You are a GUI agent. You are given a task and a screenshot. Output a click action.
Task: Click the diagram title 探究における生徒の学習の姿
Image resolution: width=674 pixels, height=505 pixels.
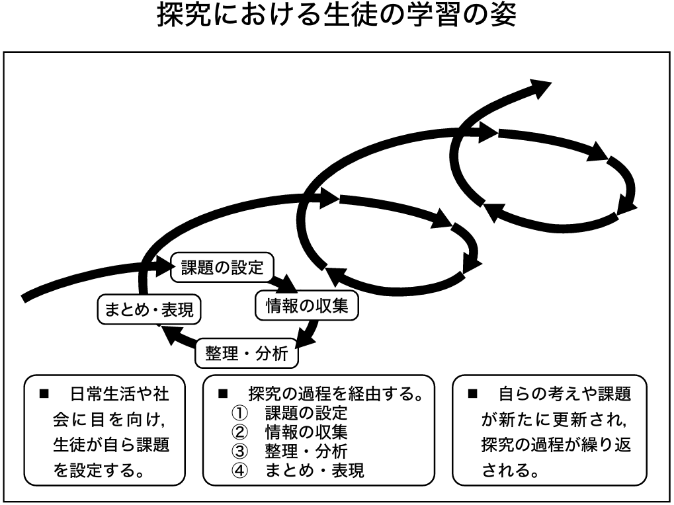pyautogui.click(x=337, y=15)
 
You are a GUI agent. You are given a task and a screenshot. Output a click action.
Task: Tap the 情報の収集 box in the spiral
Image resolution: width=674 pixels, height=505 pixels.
pyautogui.click(x=306, y=305)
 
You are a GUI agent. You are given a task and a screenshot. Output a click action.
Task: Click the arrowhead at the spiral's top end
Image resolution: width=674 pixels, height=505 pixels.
pyautogui.click(x=538, y=87)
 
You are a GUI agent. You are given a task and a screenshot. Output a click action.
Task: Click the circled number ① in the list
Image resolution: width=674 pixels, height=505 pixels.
pyautogui.click(x=239, y=414)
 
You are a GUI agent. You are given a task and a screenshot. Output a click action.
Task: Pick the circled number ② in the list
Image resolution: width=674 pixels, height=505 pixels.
pyautogui.click(x=239, y=433)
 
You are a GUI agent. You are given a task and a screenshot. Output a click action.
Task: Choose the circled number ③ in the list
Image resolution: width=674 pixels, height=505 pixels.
pyautogui.click(x=239, y=451)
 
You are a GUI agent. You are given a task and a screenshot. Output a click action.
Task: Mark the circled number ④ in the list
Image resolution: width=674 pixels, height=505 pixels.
pyautogui.click(x=239, y=471)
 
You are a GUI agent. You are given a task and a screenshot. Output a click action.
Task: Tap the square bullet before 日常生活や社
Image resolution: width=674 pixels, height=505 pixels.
pyautogui.click(x=46, y=395)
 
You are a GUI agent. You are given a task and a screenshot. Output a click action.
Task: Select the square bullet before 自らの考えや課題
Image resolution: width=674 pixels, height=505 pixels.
pyautogui.click(x=472, y=395)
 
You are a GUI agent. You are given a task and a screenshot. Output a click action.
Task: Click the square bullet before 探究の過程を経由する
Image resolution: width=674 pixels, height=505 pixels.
pyautogui.click(x=223, y=395)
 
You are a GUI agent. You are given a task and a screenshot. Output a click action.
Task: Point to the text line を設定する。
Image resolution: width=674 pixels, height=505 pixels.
pyautogui.click(x=99, y=471)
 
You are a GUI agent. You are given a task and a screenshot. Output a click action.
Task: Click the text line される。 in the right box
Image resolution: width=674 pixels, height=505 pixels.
pyautogui.click(x=509, y=471)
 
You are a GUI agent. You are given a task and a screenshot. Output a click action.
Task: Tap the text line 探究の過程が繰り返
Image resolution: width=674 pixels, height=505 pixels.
pyautogui.click(x=556, y=446)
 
